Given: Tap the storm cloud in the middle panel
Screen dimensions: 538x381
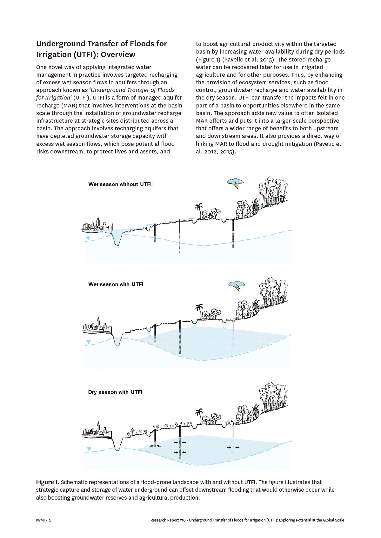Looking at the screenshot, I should coord(237,285).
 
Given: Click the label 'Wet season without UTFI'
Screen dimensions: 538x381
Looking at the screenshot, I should coord(120,185).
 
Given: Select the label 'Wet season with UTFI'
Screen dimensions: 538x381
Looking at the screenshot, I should coord(116,285).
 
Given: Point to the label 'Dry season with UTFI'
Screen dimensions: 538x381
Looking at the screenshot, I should coord(115,392).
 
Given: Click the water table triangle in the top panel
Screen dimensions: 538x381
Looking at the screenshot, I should coord(88,238).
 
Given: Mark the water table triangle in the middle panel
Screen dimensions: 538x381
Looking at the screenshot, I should coord(89,342).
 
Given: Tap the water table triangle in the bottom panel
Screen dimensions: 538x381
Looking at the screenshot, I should coord(89,449).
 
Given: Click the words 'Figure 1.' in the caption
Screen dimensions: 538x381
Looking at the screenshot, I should coord(48,483).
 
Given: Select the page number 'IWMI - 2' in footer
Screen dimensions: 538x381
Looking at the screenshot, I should coord(43,520).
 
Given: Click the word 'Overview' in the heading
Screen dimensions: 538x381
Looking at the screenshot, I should coord(118,55).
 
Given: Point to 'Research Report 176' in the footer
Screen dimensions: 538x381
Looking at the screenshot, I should coord(168,520).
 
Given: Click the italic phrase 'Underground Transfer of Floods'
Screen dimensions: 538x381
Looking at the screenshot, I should coord(133,90).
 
